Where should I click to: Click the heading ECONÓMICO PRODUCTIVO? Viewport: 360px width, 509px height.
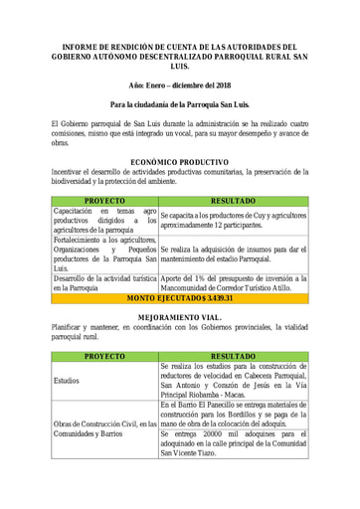point(179,161)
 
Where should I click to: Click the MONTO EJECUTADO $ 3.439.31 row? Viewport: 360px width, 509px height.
point(179,298)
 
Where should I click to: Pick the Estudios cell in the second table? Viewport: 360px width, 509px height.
point(66,380)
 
